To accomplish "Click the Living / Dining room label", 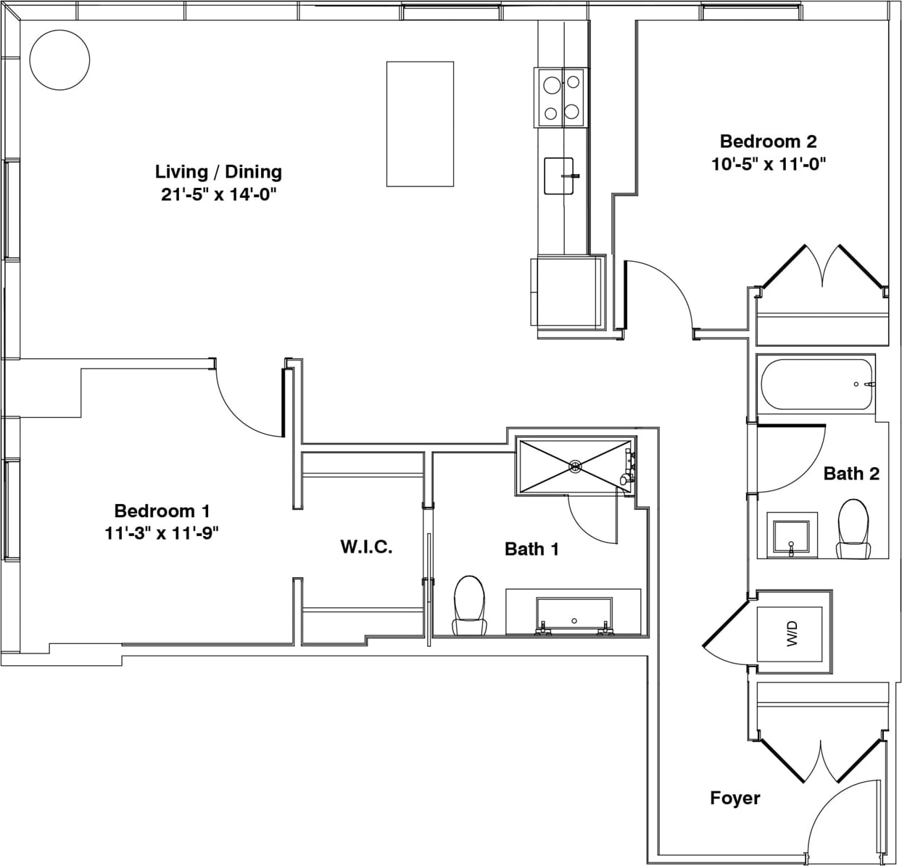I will coord(218,172).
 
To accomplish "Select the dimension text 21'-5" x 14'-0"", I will coord(219,194).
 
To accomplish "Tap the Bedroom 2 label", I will coord(768,141).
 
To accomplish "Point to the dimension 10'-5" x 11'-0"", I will coord(768,164).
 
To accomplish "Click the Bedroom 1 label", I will coord(162,511).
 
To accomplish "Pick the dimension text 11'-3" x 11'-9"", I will coord(162,533).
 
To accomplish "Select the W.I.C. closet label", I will coord(366,547).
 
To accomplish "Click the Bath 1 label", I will coord(531,549).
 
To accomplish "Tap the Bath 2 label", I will coord(851,474).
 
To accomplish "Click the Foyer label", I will coord(735,798).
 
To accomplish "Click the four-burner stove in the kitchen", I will coord(560,98).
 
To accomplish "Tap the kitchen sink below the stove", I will coord(559,176).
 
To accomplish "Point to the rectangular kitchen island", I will coord(420,124).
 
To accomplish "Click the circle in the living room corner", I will coord(59,60).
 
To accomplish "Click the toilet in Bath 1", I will coord(469,605).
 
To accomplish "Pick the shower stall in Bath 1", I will coord(576,466).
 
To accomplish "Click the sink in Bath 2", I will coord(793,536).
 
